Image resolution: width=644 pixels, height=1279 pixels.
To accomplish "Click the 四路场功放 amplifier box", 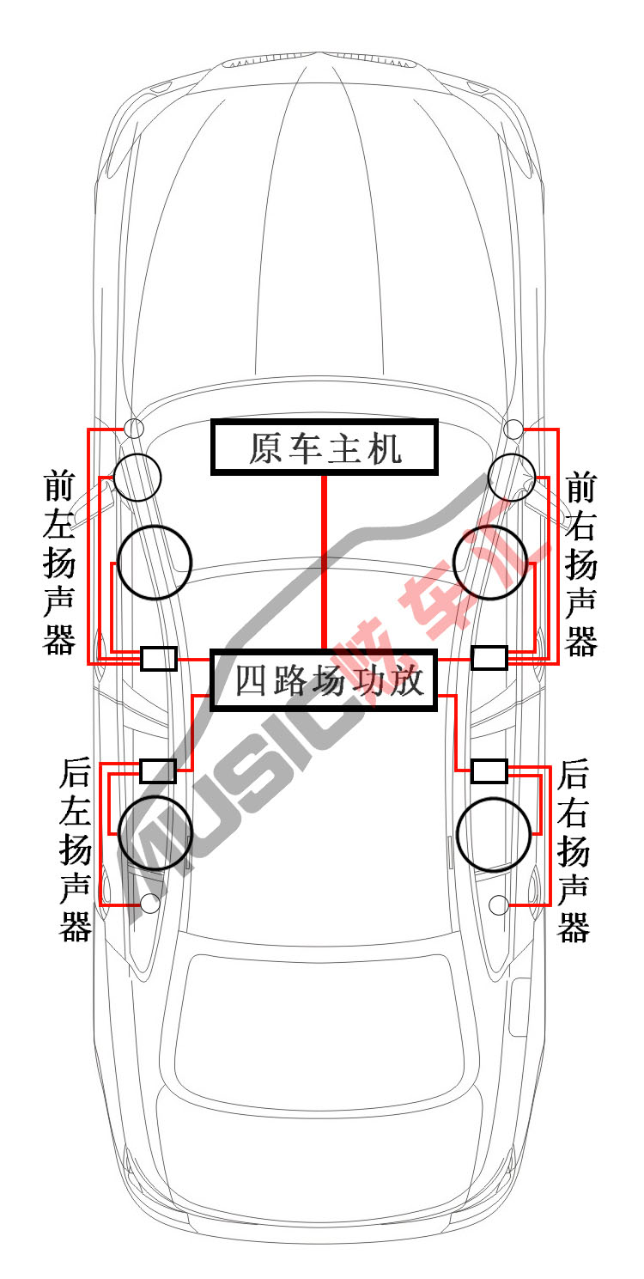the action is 324,652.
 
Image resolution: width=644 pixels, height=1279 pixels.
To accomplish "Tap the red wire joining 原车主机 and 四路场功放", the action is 325,563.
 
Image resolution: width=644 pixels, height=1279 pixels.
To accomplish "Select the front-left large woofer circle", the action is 118,563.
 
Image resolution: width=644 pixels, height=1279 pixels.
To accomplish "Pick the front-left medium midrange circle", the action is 113,478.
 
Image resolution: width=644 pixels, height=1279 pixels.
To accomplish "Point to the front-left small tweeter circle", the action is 125,428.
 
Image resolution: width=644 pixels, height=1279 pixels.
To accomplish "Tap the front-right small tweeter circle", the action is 505,429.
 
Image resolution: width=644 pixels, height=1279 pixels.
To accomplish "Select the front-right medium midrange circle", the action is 489,478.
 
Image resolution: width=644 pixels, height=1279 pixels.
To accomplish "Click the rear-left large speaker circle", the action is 118,833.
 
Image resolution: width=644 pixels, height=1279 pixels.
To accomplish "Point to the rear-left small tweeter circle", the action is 141,904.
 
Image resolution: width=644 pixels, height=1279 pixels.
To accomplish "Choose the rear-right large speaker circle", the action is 458,834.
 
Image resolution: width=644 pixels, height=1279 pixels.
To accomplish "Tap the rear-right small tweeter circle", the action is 489,904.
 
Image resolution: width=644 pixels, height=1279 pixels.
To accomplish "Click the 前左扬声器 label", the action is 58,563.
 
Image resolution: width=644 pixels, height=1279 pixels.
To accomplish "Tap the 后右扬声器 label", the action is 574,850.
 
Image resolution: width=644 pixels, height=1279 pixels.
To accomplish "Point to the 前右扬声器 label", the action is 581,563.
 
